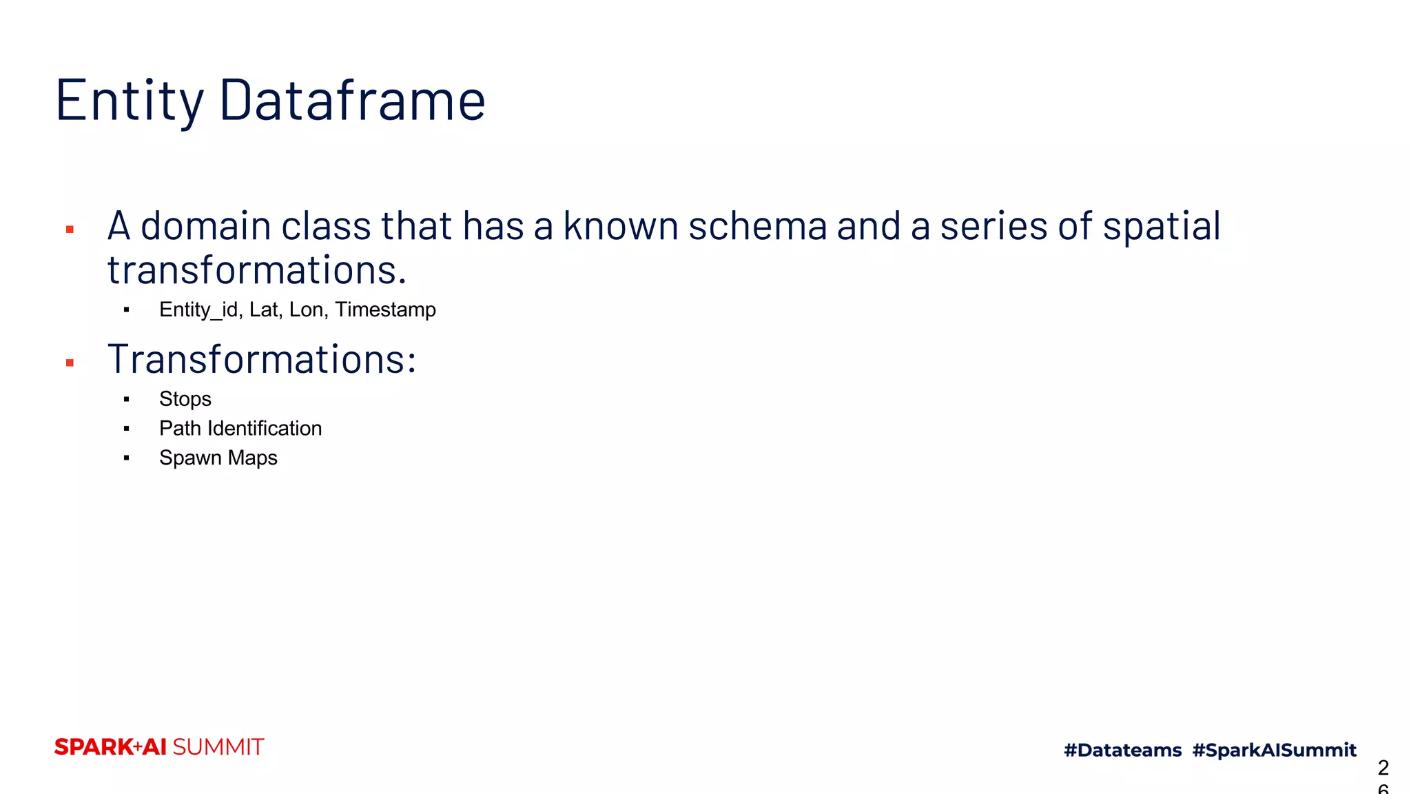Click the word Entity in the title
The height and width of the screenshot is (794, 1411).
tap(130, 101)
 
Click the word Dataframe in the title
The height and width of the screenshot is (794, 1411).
tap(352, 101)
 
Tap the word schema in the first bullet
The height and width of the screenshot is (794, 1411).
tap(757, 226)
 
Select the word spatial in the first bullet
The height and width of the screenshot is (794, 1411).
tap(1162, 226)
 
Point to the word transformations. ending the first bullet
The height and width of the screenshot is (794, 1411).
tap(257, 270)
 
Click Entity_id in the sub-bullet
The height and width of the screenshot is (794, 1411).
tap(198, 310)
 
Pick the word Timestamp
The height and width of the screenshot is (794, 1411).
tap(385, 310)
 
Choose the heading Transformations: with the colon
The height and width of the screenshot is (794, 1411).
tap(262, 359)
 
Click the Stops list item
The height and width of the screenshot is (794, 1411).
tap(185, 399)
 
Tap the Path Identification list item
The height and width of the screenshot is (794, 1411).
tap(240, 429)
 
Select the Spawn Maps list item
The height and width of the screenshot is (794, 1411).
tap(218, 458)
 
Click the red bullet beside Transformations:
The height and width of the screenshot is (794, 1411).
tap(70, 363)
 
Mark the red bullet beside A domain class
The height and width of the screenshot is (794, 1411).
tap(70, 230)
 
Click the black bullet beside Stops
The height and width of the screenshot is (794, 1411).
tap(127, 399)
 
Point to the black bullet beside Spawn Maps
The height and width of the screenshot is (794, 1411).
tap(127, 458)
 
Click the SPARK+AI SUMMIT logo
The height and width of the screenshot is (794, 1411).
tap(159, 747)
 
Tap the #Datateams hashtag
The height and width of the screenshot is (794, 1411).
tap(1122, 750)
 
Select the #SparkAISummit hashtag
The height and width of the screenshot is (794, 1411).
tap(1274, 750)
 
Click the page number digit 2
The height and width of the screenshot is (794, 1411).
tap(1383, 767)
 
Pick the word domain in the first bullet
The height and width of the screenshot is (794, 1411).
tap(205, 226)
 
